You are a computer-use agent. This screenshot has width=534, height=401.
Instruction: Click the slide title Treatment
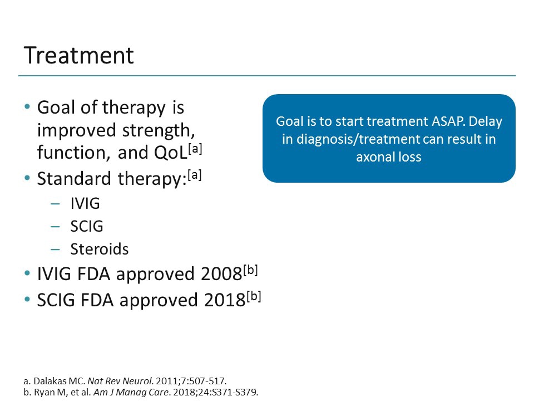(x=78, y=56)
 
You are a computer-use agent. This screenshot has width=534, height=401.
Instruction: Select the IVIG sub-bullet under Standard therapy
(x=85, y=203)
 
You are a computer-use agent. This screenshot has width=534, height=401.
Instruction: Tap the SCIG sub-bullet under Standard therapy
(x=86, y=226)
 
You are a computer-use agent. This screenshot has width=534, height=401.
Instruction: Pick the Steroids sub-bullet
(x=99, y=249)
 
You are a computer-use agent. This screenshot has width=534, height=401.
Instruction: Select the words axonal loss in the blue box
(x=389, y=157)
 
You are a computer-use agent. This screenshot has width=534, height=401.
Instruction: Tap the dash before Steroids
(x=55, y=249)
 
